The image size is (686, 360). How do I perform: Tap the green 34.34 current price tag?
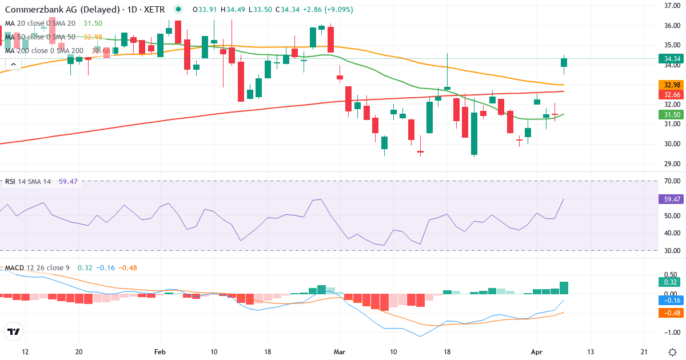[669, 58]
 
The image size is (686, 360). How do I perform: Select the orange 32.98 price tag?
[669, 85]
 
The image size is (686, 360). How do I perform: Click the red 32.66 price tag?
[669, 94]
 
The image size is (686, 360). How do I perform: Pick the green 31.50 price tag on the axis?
[669, 114]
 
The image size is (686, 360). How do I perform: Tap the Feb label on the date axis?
[159, 351]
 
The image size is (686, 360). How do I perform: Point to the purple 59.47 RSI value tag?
[669, 199]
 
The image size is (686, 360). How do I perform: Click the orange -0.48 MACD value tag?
[669, 313]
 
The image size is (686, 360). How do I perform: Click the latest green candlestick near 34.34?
[564, 62]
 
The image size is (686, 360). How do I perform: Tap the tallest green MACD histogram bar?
[564, 288]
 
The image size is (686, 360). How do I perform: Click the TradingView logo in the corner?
[13, 331]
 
